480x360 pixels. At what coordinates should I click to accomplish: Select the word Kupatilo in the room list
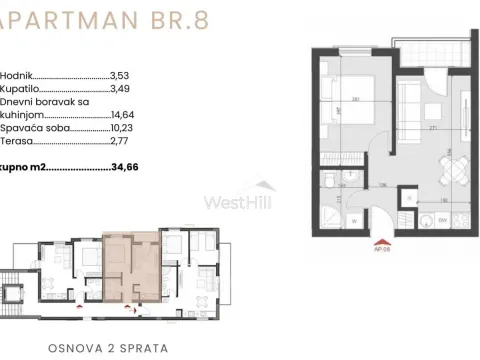click(19, 89)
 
